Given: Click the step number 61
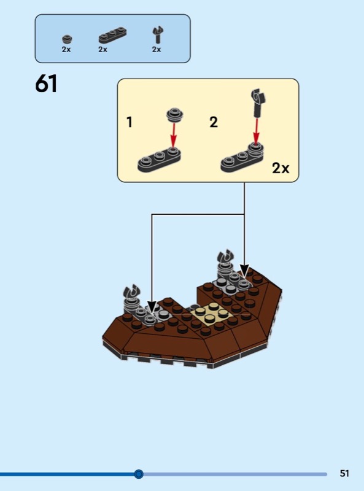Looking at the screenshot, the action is pos(47,83).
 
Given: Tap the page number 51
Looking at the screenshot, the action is pos(344,473).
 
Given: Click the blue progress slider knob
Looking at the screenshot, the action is pos(139,474).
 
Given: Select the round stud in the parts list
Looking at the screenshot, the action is pos(67,39).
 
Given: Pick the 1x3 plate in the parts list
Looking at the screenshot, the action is pos(112,35).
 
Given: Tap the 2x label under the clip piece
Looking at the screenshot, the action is pos(157,50).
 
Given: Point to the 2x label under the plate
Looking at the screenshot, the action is pos(103,50).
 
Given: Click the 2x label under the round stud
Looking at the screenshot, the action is pos(66,50).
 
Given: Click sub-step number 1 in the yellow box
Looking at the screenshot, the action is pos(130,122).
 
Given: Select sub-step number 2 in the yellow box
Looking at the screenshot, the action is pos(214,122).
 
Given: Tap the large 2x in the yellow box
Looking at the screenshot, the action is pos(281,168).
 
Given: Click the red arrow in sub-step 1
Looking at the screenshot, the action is pos(174,134).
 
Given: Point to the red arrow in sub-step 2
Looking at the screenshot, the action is pos(257,130).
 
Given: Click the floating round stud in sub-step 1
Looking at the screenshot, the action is pos(175,115).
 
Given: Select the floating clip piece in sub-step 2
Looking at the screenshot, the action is pos(258,102).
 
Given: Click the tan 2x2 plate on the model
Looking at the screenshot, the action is pos(211,314).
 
